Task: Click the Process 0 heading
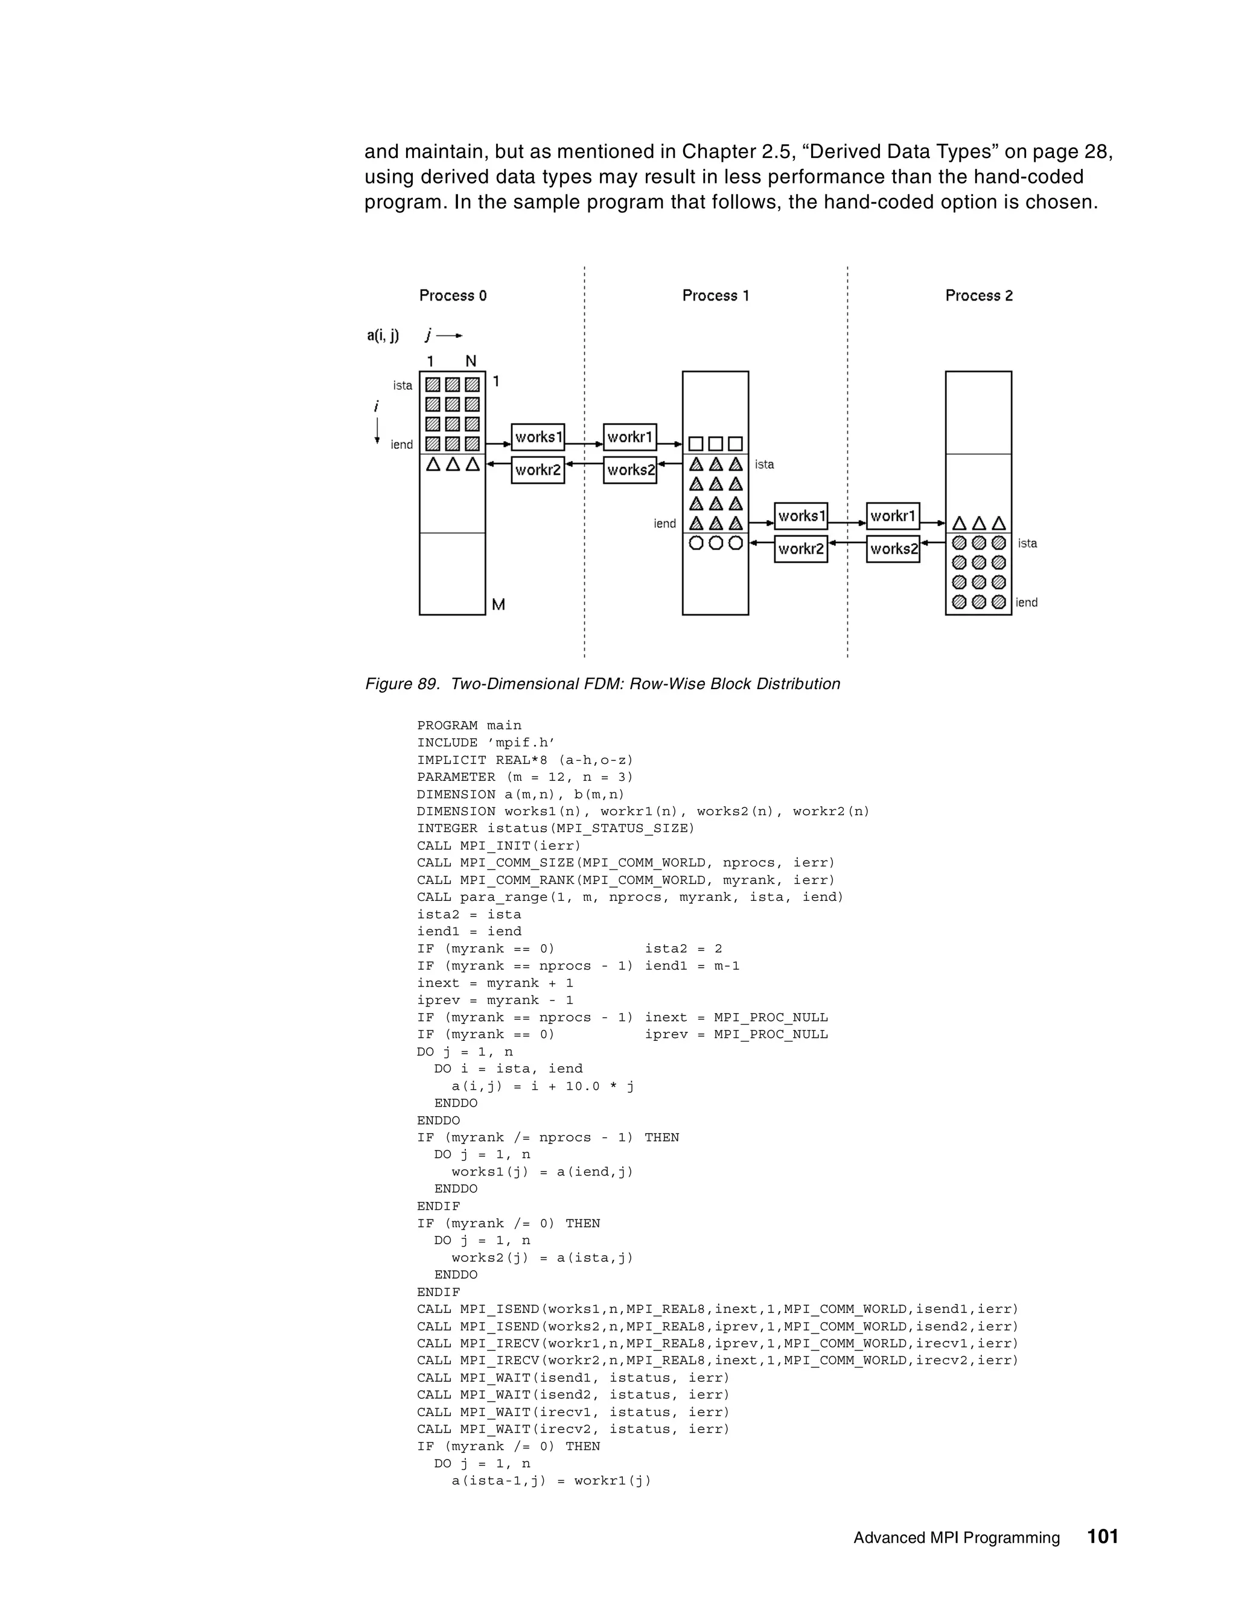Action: pos(453,296)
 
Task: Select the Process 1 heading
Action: pos(715,296)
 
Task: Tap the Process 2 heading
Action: pos(978,296)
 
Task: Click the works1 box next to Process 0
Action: pos(538,437)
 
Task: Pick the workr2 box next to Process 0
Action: pos(538,470)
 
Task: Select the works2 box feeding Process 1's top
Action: pos(629,470)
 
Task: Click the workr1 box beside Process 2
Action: pos(893,516)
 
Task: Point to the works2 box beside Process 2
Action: pos(893,549)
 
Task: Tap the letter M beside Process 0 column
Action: pos(499,605)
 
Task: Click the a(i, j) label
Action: pos(383,336)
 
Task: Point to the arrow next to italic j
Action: pos(450,336)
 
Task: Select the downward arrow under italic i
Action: pos(377,430)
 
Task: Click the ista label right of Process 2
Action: pos(1027,543)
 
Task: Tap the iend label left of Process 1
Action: pos(665,524)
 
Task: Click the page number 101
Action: pos(1103,1536)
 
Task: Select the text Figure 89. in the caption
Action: pos(402,684)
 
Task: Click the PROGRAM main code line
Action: pos(470,725)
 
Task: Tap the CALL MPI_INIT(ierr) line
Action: pos(499,845)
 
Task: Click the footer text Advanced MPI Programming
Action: pos(957,1537)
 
